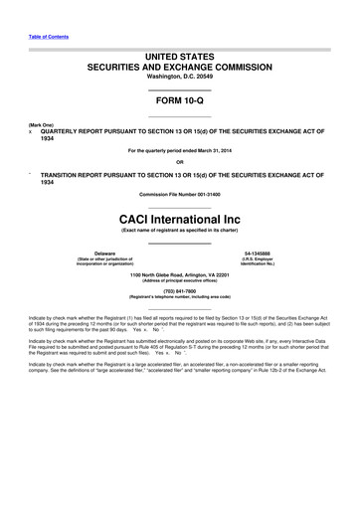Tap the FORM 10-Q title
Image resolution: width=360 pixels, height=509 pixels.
[x=180, y=101]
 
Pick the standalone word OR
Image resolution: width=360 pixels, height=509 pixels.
[x=180, y=162]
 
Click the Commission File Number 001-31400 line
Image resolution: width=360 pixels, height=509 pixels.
[x=180, y=192]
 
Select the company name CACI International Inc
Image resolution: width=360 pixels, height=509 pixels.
[x=180, y=216]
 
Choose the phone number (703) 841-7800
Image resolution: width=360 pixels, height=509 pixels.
[x=180, y=290]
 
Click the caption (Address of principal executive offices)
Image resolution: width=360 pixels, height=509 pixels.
[x=180, y=280]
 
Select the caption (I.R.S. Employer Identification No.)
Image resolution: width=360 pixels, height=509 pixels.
[x=270, y=262]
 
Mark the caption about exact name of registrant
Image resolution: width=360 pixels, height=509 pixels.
[x=180, y=231]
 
